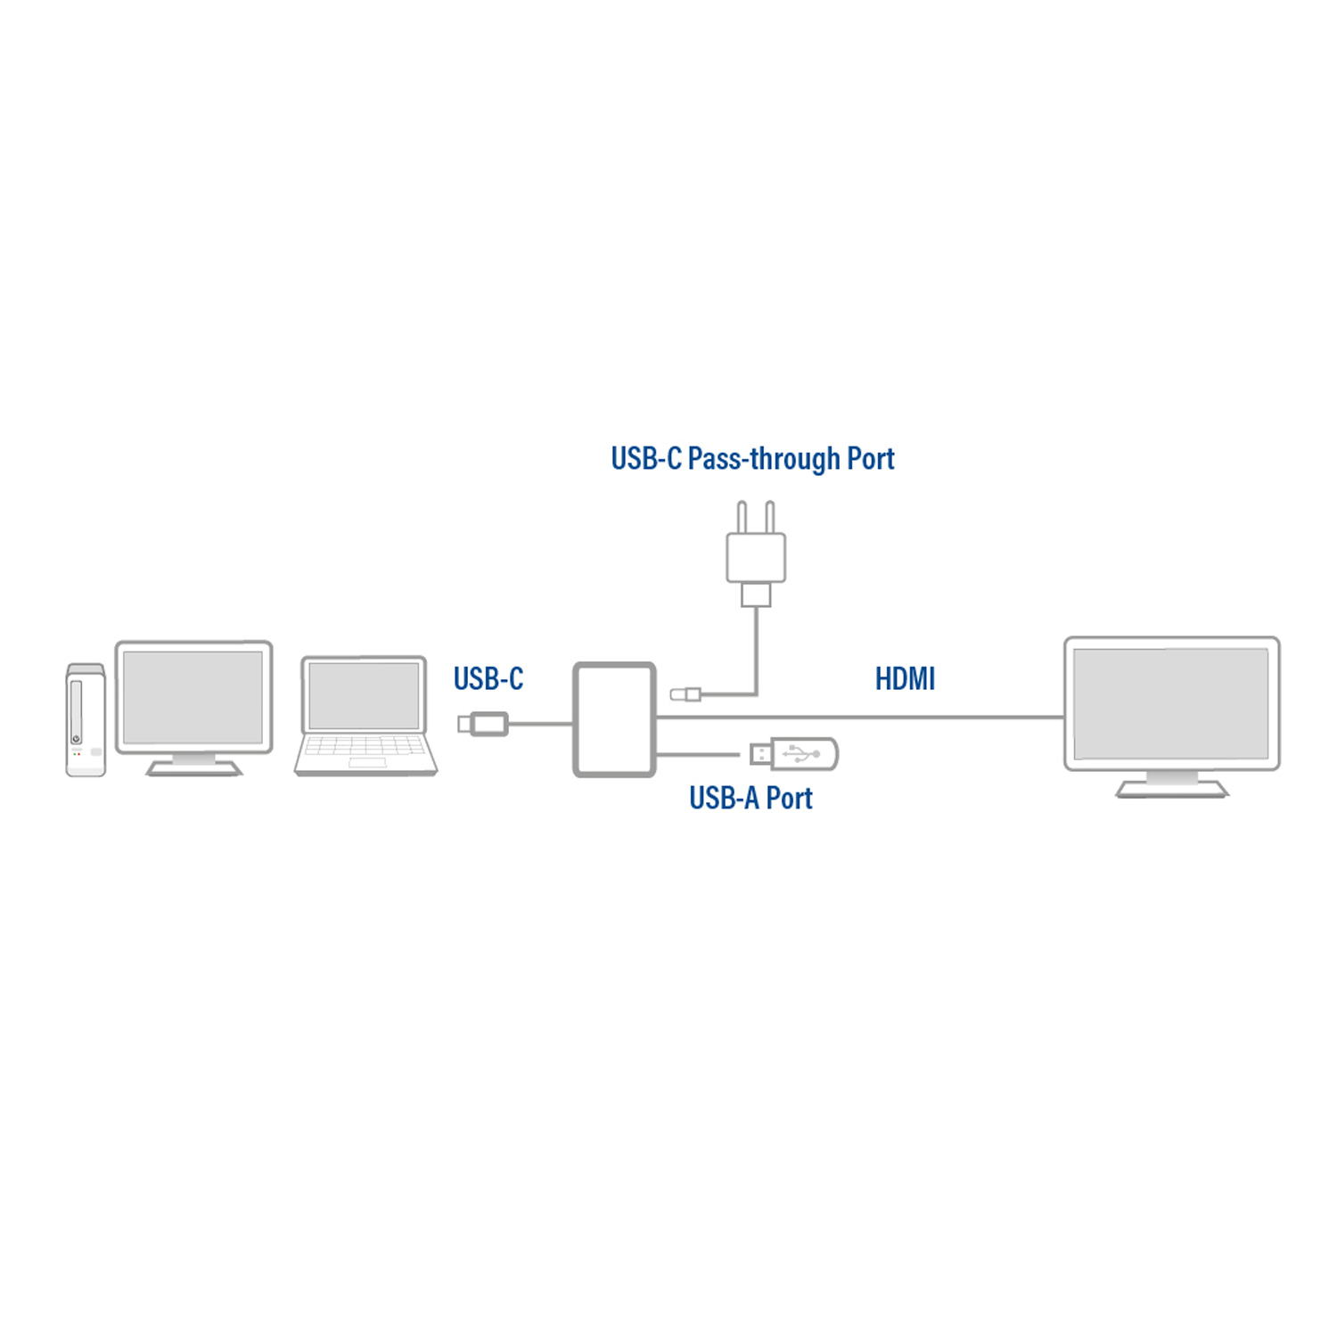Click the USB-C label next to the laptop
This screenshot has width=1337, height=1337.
click(488, 679)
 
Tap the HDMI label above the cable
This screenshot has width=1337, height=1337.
click(905, 679)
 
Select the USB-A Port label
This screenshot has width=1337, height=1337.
click(751, 799)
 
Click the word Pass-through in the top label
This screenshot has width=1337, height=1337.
click(764, 459)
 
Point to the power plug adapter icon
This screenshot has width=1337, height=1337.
click(756, 554)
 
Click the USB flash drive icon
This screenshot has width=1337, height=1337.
click(793, 754)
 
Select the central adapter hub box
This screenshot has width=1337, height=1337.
click(614, 719)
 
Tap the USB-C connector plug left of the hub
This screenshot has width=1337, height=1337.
click(483, 724)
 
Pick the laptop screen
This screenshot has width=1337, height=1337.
click(364, 695)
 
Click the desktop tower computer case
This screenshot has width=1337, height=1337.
click(86, 720)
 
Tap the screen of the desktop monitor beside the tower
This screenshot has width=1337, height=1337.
click(193, 697)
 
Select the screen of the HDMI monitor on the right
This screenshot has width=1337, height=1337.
click(1171, 703)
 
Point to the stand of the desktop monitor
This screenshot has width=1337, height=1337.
click(193, 765)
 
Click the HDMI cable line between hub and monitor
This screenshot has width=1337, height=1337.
click(860, 717)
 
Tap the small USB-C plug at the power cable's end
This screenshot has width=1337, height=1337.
click(685, 693)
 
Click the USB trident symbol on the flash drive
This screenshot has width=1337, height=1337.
click(801, 754)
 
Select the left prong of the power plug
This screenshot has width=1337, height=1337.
click(742, 517)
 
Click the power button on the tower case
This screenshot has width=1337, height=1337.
click(77, 739)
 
